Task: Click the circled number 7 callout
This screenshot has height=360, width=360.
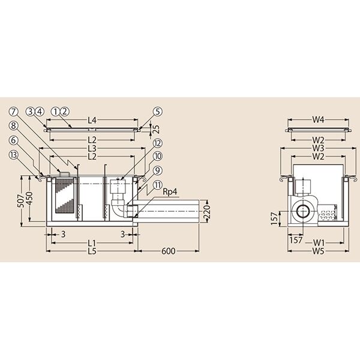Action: point(14,112)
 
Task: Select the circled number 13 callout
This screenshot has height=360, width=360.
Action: point(14,155)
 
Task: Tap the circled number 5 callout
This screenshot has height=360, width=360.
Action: point(157,112)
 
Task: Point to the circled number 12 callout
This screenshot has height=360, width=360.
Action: point(157,143)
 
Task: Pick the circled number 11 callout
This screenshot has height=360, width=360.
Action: point(157,185)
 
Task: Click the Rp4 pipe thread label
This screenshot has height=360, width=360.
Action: point(170,192)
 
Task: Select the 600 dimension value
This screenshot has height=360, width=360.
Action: point(168,251)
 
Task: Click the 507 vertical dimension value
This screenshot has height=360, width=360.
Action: point(21,201)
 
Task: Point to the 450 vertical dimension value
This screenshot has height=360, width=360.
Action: point(29,199)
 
